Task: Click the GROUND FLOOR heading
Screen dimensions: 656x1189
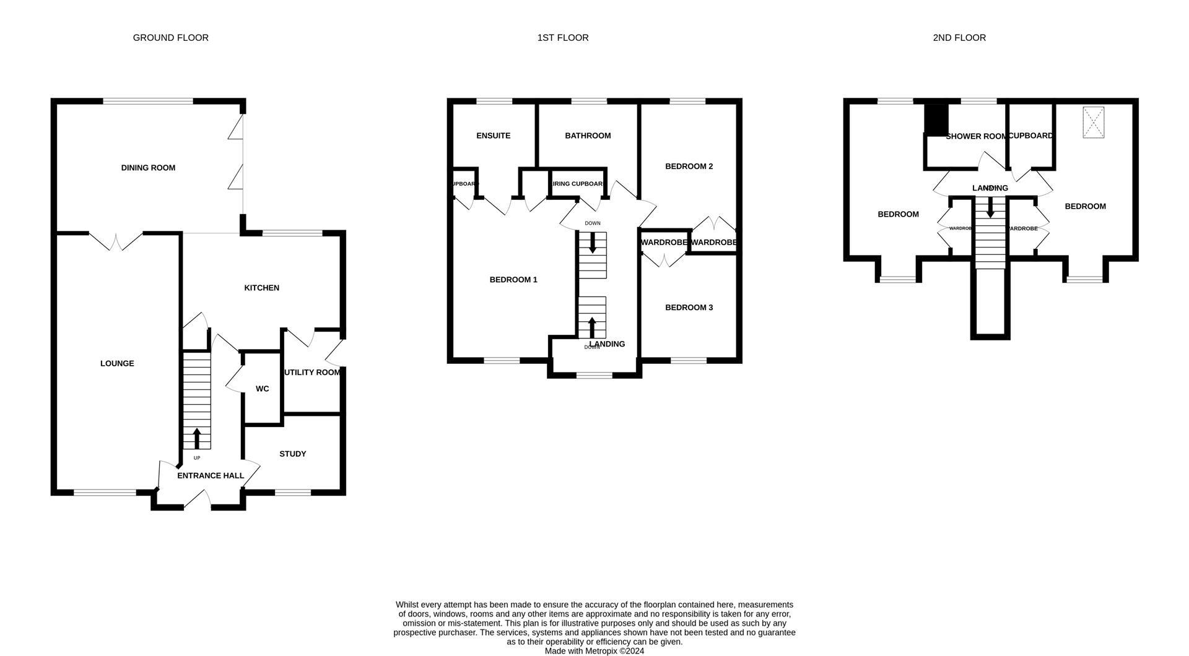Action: point(170,38)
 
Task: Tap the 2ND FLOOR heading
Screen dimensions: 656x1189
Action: point(959,38)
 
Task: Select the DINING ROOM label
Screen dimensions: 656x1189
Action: point(148,168)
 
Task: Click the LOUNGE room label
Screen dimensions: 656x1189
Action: point(117,363)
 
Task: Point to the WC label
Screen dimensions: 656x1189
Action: point(262,389)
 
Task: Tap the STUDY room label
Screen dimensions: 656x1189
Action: point(292,454)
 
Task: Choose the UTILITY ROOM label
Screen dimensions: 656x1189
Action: point(312,372)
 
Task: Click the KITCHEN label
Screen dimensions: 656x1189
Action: point(261,288)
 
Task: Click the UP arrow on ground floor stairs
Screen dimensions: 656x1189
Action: point(197,438)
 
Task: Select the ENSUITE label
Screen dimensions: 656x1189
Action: point(493,136)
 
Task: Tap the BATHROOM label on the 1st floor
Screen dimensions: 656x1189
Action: point(588,136)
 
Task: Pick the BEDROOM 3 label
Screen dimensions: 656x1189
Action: point(689,308)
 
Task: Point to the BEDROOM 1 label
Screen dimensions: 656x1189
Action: point(513,280)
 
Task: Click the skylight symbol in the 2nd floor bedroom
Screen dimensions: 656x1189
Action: point(1093,123)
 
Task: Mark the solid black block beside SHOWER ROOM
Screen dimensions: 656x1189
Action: point(936,119)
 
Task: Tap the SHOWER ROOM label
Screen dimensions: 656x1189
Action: point(976,136)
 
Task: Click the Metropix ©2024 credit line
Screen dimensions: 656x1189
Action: point(594,651)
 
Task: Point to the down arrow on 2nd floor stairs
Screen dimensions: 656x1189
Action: point(990,207)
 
